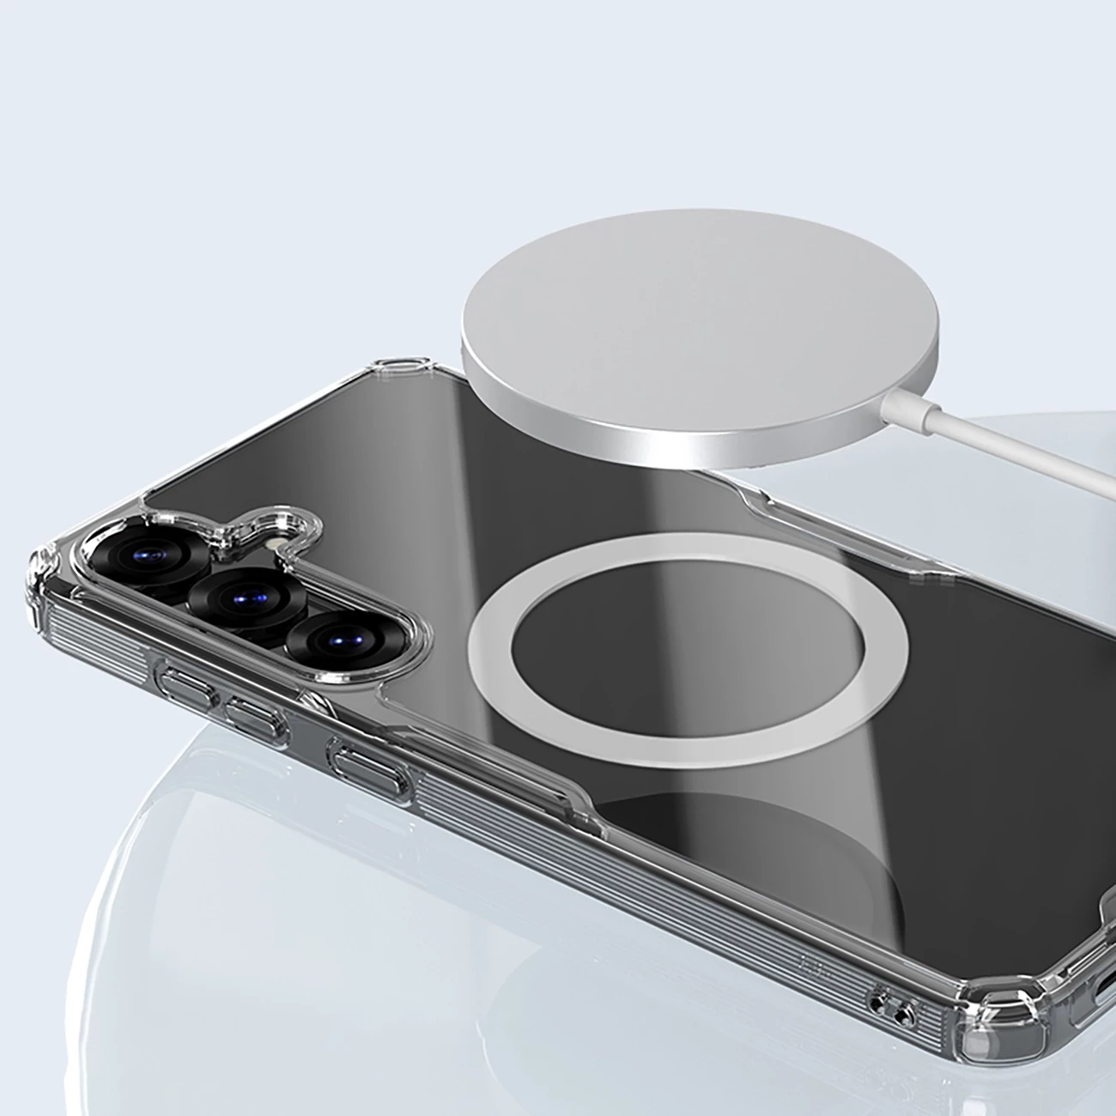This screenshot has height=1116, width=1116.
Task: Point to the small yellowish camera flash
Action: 273,547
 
